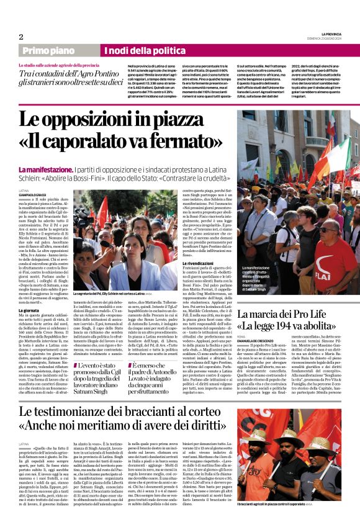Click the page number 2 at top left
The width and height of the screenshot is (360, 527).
click(x=21, y=37)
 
